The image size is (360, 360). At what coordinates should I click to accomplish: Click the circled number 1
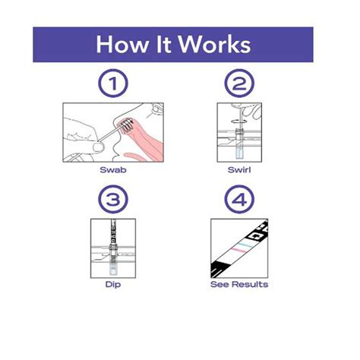point(113,84)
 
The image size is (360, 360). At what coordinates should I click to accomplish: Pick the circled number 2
point(239,84)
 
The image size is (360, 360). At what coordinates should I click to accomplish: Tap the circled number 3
point(113,199)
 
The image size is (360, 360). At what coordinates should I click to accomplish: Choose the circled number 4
point(239,199)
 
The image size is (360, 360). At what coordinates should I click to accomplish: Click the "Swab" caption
point(113,169)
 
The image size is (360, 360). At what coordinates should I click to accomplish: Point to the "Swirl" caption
point(239,169)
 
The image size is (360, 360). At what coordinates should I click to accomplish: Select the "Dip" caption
point(113,285)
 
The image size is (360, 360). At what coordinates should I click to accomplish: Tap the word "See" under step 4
point(220,284)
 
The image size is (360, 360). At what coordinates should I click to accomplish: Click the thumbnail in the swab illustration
point(98,147)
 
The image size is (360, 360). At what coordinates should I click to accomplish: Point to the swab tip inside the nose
point(127,125)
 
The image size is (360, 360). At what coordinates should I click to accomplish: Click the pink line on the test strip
point(238,251)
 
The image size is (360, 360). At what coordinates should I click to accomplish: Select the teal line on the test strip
point(245,245)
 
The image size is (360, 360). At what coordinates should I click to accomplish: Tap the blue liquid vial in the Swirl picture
point(239,153)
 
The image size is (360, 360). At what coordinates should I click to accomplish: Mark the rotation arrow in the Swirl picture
point(238,121)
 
